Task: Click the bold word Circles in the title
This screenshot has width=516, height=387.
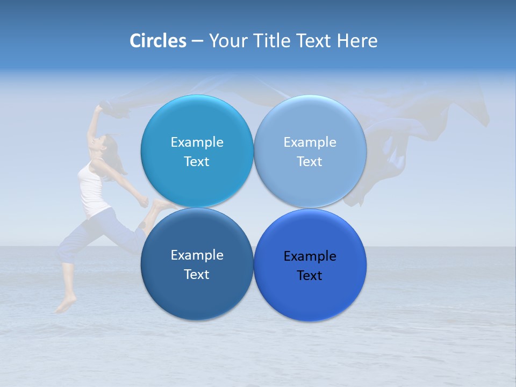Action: tap(157, 41)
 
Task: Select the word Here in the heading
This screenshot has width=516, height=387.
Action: tap(357, 41)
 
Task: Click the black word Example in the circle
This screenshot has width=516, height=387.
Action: tap(310, 256)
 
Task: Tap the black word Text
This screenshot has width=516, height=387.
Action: tap(310, 276)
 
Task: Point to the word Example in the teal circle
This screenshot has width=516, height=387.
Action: tap(197, 142)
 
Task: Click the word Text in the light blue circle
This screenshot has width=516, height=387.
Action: tap(310, 162)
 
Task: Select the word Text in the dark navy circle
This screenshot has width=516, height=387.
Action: tap(197, 275)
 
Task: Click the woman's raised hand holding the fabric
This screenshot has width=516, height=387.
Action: tap(98, 109)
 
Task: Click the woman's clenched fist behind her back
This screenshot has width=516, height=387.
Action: tap(144, 202)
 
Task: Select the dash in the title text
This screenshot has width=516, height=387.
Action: tap(197, 41)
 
